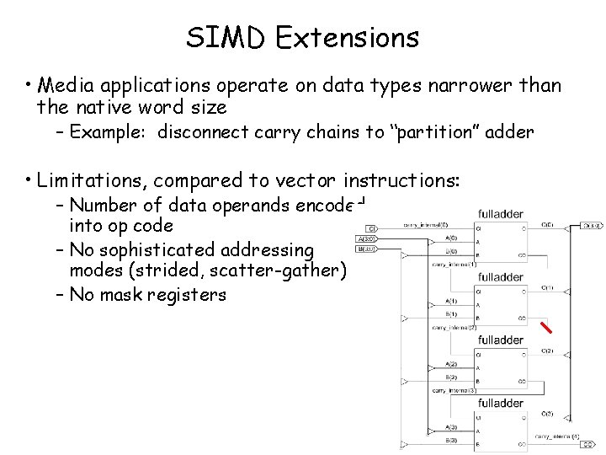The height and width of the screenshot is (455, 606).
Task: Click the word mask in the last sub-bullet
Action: point(127,295)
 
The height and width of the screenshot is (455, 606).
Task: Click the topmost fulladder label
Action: point(501,214)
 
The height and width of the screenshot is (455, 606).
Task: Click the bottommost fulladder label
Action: point(501,404)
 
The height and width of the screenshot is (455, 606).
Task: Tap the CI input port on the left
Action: point(370,227)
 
